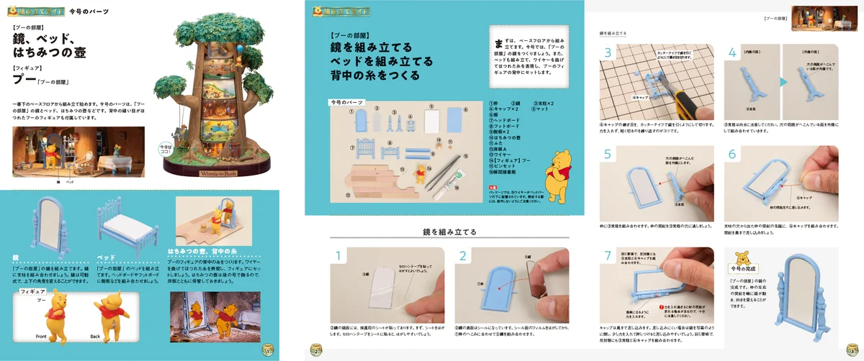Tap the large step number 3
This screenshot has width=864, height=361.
(608, 53)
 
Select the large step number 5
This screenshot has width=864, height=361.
(608, 155)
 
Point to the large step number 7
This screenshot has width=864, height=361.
(608, 257)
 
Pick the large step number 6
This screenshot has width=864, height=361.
(732, 155)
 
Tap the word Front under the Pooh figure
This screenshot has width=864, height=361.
(41, 337)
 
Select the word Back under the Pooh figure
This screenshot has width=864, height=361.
(95, 337)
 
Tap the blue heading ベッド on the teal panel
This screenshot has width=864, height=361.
(106, 257)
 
